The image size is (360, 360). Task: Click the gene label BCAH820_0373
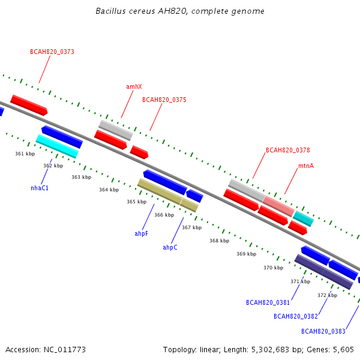click(52, 52)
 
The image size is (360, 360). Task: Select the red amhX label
click(134, 86)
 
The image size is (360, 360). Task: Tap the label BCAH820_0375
click(164, 100)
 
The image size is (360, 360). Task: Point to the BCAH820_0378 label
click(288, 150)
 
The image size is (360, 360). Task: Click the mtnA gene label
click(306, 166)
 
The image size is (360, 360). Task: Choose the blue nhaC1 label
click(40, 188)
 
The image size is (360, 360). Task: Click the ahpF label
click(141, 233)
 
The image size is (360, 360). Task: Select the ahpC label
click(170, 247)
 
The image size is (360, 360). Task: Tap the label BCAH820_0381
click(268, 302)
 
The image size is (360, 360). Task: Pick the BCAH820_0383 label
click(323, 331)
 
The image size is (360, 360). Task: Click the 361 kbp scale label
click(25, 154)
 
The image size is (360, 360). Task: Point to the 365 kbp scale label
click(137, 202)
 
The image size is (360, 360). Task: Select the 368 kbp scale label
click(219, 241)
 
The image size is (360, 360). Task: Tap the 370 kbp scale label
click(274, 268)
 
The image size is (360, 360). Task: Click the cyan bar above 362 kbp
click(57, 146)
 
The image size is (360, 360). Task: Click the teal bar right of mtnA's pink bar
click(303, 219)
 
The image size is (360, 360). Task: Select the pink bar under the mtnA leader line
click(279, 206)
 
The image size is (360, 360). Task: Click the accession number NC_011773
click(65, 350)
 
